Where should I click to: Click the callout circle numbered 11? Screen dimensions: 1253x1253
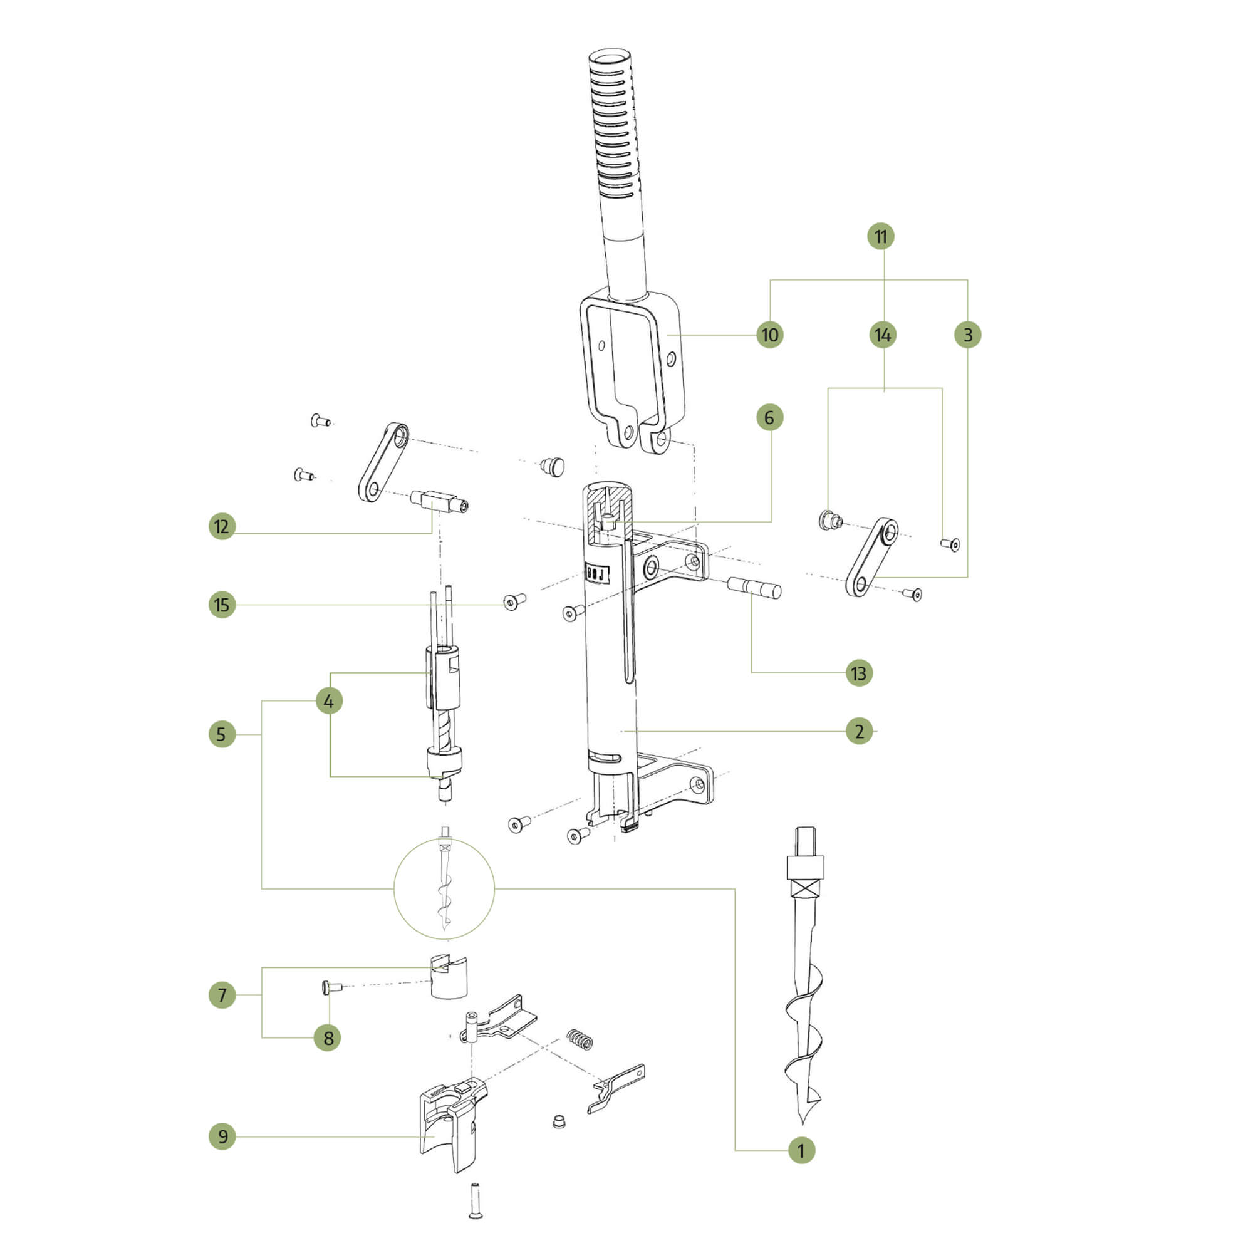tap(881, 236)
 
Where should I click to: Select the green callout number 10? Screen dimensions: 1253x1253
tap(770, 335)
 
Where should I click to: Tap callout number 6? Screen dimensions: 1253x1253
tap(769, 417)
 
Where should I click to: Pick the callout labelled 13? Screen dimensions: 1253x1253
tap(859, 673)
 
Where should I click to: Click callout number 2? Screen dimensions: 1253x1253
tap(860, 732)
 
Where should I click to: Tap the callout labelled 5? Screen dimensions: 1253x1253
tap(222, 734)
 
